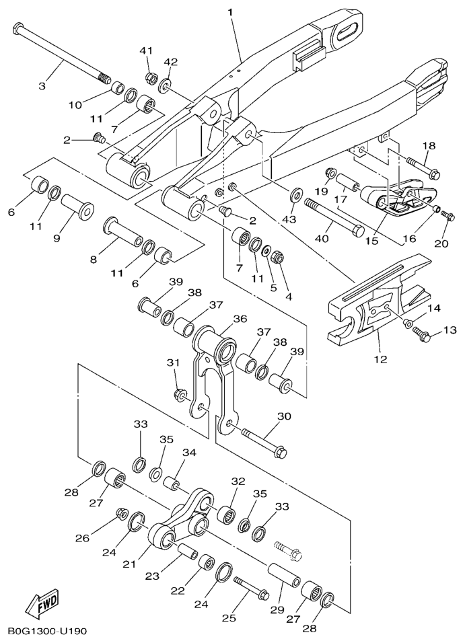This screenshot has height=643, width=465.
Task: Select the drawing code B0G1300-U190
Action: coord(47,632)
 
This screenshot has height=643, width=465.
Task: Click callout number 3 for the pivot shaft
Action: coord(42,85)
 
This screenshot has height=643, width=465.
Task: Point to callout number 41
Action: coord(147,51)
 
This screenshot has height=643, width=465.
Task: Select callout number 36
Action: coord(240,319)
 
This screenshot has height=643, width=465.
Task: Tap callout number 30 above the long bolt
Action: coord(283,416)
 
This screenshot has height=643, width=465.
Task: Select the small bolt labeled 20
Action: coord(451,217)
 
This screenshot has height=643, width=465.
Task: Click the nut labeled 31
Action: coord(180,394)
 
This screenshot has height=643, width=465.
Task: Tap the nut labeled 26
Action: coord(122,514)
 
